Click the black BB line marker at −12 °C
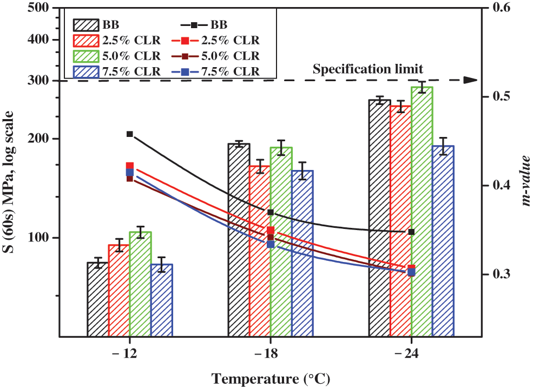tap(130, 134)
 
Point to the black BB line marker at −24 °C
tap(411, 232)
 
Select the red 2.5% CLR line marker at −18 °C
tap(271, 231)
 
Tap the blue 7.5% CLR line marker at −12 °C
tap(130, 172)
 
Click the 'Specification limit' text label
tap(368, 69)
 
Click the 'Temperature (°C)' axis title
tap(271, 378)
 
